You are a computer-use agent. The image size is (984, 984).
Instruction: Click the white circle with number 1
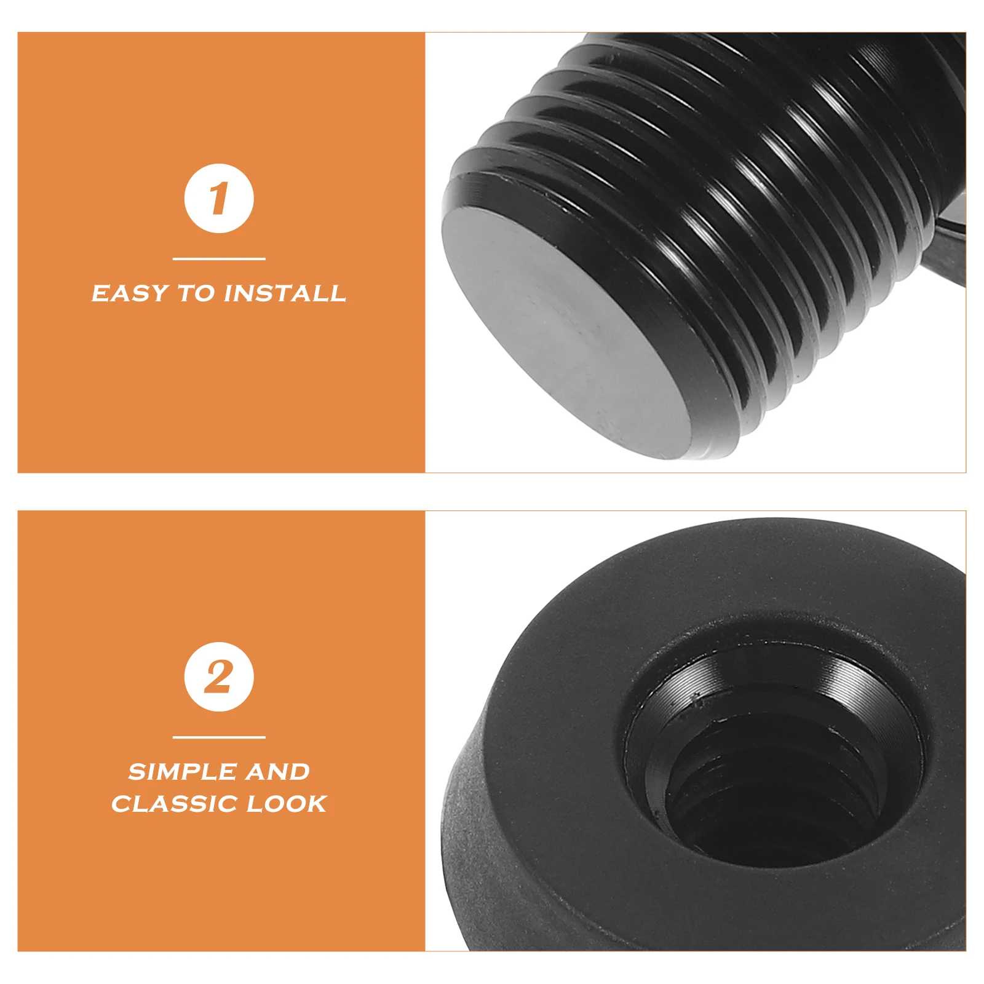point(219,199)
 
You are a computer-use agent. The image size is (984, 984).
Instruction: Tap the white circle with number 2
point(219,677)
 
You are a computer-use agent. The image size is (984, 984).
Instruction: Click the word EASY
point(130,293)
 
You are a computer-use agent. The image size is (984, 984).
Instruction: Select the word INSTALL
point(285,293)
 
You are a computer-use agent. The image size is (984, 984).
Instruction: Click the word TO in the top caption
point(196,293)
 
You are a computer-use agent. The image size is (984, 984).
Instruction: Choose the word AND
point(278,772)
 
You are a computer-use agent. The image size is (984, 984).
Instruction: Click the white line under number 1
point(219,259)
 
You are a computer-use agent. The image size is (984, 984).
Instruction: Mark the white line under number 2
point(219,737)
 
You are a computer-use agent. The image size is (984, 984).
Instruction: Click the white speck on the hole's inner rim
point(696,698)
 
